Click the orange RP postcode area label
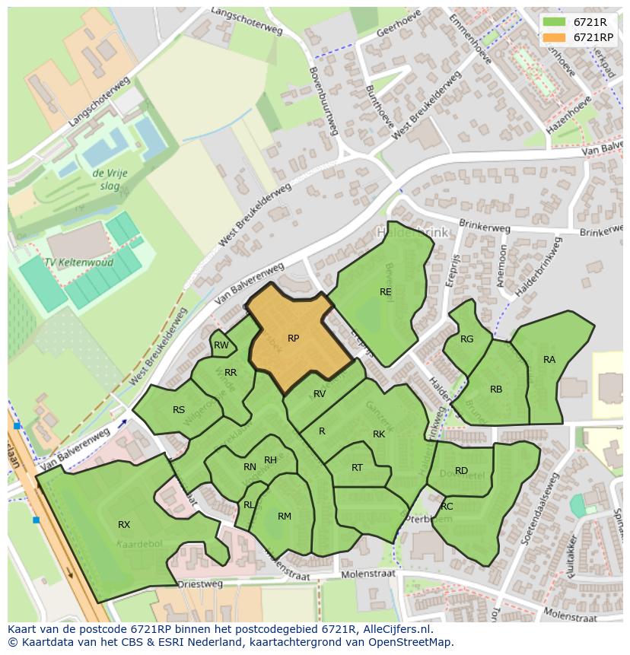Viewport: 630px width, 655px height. pos(293,339)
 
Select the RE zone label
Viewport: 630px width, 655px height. pos(386,291)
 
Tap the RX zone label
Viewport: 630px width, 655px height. pos(124,525)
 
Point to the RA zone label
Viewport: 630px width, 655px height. pos(549,360)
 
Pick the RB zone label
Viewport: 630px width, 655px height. pos(496,390)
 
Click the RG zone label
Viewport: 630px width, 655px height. pos(467,339)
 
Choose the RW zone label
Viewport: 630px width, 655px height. pos(221,345)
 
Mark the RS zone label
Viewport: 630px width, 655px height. pos(179,410)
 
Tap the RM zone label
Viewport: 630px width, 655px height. pos(285,517)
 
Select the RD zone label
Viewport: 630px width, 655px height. pos(461,471)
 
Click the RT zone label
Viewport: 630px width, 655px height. pos(358,468)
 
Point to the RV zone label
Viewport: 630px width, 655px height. pos(320,394)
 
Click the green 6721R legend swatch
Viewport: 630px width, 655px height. pos(554,22)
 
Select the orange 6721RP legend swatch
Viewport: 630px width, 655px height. pos(554,37)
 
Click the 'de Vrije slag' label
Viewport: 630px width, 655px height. pos(110,180)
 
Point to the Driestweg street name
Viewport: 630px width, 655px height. pos(201,584)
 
